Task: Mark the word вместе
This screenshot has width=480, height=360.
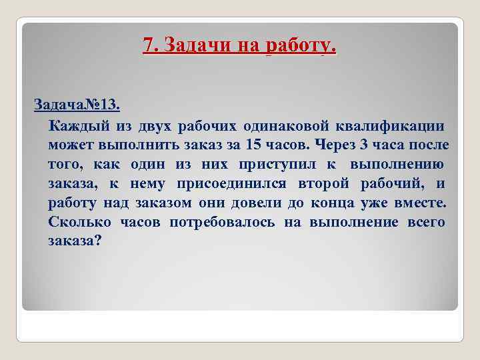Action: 423,203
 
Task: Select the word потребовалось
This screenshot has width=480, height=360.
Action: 221,222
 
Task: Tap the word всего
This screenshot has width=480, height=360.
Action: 425,222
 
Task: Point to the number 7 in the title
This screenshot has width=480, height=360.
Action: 147,45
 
